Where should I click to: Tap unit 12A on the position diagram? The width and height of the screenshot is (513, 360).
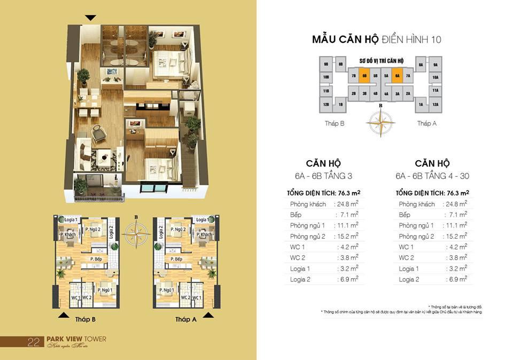435,104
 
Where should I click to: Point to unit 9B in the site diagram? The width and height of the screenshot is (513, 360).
325,65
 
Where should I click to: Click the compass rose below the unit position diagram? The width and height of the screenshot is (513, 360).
380,122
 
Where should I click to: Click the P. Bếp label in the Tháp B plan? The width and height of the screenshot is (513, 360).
96,260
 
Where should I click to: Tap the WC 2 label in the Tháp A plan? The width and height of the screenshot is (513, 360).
185,298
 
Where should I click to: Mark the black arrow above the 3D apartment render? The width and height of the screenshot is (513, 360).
91,18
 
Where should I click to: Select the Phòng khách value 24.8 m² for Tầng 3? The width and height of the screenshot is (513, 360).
346,204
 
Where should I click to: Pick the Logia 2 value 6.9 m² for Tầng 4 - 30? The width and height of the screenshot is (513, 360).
457,279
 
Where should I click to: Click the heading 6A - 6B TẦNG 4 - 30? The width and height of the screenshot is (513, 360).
432,175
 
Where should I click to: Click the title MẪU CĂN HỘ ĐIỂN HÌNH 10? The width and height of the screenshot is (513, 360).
377,40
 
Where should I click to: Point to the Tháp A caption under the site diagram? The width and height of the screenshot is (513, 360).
427,123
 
